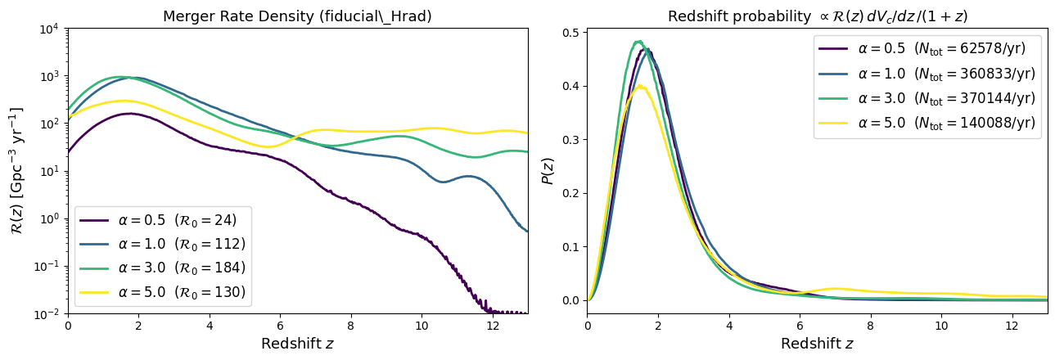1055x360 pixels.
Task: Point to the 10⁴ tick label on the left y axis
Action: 48,29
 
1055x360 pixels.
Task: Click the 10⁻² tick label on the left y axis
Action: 48,313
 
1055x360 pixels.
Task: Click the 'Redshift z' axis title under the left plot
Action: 297,344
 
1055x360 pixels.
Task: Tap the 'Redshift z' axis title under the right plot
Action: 817,344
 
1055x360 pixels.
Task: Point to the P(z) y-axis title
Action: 548,170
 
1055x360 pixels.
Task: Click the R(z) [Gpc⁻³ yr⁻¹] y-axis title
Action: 17,170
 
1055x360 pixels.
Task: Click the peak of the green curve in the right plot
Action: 638,41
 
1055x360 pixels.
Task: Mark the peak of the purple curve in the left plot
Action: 129,114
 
